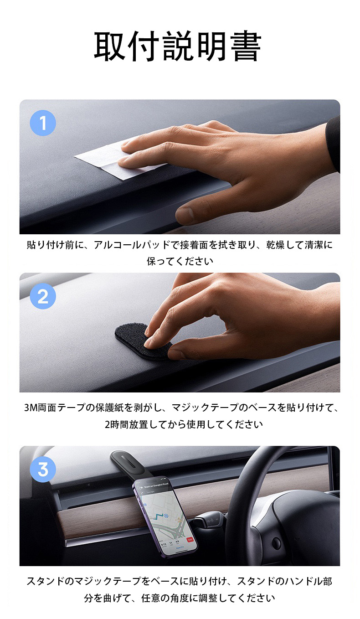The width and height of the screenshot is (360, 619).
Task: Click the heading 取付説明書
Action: coord(178,46)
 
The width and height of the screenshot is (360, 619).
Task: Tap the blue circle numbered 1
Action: coord(43,123)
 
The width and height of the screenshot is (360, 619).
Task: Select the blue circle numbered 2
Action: coord(43,296)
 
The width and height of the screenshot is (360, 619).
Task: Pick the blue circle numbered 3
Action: coord(43,469)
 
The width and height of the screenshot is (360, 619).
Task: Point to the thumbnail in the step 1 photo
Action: coord(185,214)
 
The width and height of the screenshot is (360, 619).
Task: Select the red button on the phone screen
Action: coord(190,539)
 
